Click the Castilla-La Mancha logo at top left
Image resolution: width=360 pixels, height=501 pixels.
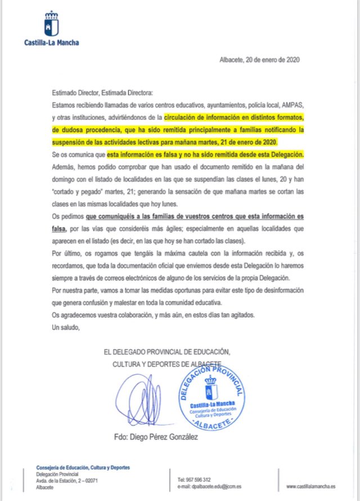51,28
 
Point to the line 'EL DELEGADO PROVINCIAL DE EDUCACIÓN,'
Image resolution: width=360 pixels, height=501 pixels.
167,352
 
